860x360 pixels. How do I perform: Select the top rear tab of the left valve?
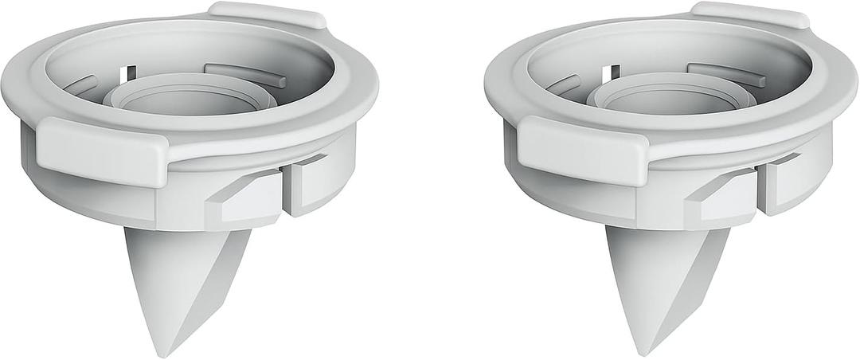click(267, 14)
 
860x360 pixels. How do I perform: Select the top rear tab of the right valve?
click(749, 14)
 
